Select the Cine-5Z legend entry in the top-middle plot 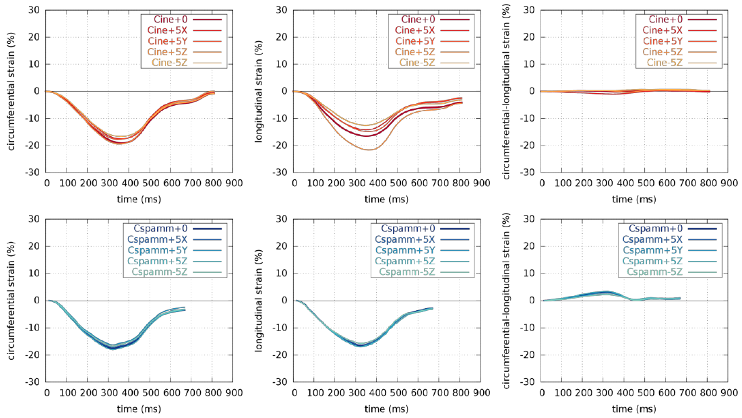tap(419, 63)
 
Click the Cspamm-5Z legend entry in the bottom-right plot tap(653, 272)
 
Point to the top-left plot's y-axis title tap(12, 91)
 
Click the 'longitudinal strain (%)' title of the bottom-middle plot tap(259, 300)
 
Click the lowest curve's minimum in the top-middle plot tap(368, 150)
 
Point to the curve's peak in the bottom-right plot tap(607, 291)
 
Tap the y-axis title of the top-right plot tap(507, 91)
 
